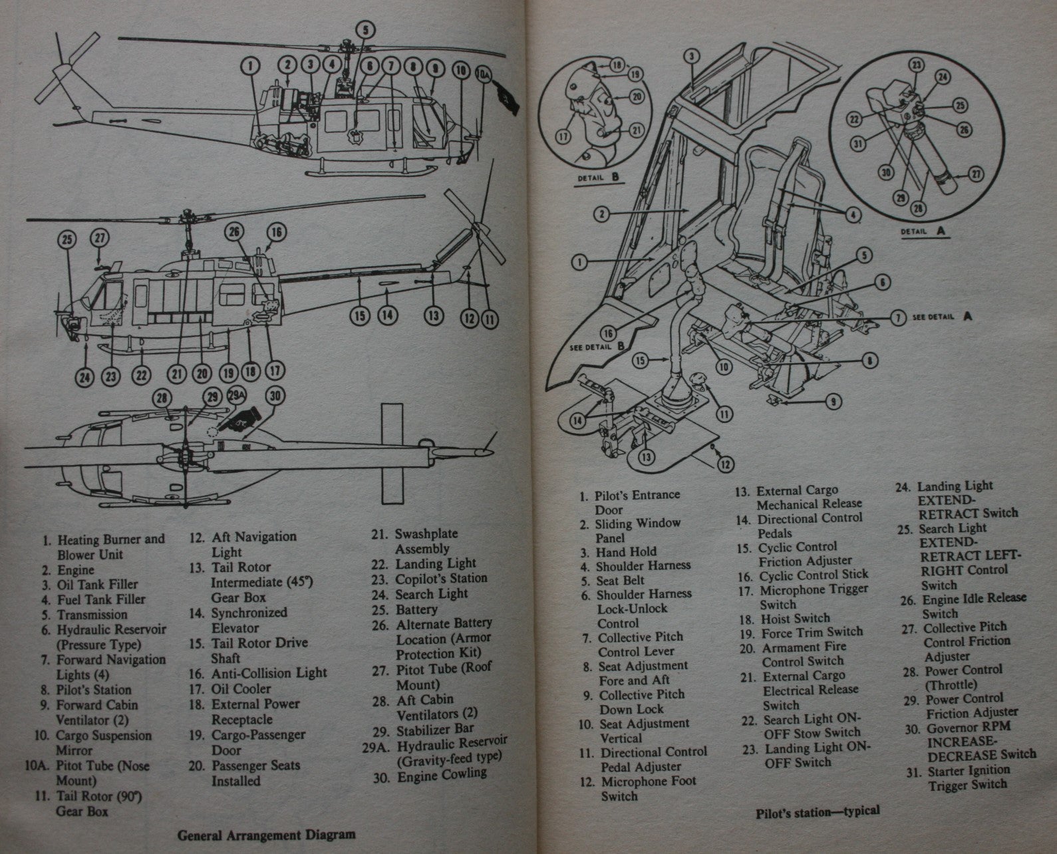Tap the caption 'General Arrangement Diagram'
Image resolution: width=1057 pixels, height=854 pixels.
pos(266,835)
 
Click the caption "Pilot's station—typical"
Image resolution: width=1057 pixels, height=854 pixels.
pos(818,811)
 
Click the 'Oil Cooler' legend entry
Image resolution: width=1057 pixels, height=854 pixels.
pos(239,689)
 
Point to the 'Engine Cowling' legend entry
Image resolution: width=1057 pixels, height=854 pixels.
pos(440,774)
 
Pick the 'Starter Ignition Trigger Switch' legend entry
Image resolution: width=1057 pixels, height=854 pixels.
pos(967,778)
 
